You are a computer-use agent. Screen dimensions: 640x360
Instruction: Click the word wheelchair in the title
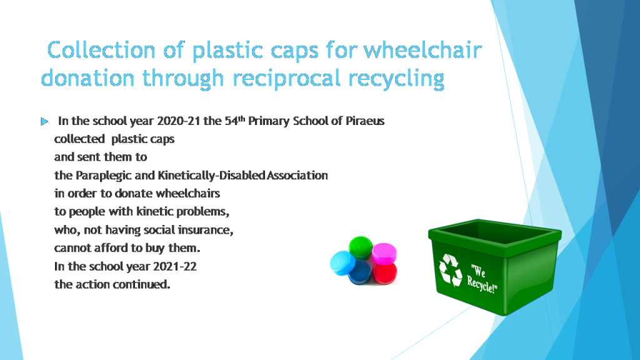pos(422,50)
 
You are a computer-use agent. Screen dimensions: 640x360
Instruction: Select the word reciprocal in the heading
pos(286,79)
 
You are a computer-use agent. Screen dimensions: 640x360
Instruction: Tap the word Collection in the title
pos(101,50)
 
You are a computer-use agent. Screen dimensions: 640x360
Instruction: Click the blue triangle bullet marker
pos(44,122)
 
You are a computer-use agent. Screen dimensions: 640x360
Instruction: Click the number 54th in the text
pos(235,121)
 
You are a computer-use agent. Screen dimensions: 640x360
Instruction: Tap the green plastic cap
pos(361,247)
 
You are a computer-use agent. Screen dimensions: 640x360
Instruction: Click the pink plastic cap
pos(384,254)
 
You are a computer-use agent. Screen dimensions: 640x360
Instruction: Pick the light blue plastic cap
pos(342,263)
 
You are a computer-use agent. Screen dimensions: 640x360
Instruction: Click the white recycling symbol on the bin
pos(451,270)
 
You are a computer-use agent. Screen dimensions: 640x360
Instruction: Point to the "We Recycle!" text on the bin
pos(482,279)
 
